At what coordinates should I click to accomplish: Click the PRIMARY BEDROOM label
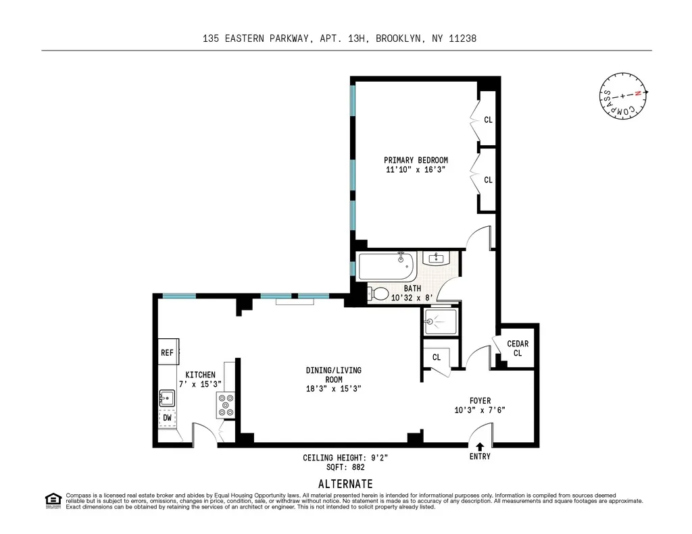click(416, 160)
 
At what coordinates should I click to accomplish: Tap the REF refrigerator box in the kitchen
click(167, 352)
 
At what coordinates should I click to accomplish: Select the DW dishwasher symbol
click(167, 418)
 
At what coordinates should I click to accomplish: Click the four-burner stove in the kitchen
click(226, 404)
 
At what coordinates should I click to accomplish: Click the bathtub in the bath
click(387, 267)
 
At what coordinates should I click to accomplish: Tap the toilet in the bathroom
click(379, 294)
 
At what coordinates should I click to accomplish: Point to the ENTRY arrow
click(480, 446)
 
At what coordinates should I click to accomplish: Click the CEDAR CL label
click(518, 348)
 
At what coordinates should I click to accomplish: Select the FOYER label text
click(480, 400)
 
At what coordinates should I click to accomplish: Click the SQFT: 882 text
click(345, 467)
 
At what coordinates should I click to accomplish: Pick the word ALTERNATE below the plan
click(345, 483)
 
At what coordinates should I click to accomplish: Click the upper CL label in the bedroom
click(488, 120)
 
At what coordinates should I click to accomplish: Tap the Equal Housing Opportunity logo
click(53, 500)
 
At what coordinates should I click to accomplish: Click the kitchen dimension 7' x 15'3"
click(200, 384)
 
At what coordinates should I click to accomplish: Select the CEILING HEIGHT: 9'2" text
click(345, 458)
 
